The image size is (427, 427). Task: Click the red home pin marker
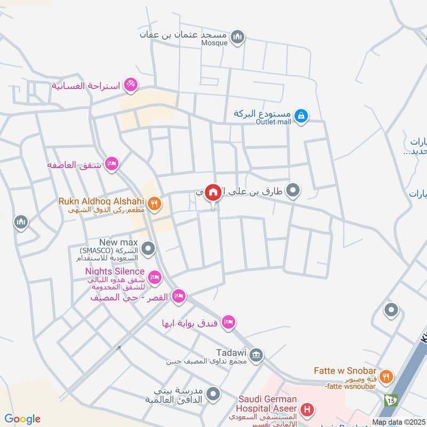(x=213, y=192)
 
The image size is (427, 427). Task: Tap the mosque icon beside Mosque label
(x=238, y=37)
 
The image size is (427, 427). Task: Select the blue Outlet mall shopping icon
(x=301, y=115)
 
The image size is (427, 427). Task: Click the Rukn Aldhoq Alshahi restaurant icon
(x=154, y=203)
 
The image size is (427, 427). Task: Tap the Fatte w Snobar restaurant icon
(x=388, y=377)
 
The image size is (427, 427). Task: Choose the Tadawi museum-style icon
(x=257, y=355)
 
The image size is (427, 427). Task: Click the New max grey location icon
(x=149, y=248)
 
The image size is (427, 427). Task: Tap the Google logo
(x=22, y=419)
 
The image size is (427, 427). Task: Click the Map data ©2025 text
(x=398, y=422)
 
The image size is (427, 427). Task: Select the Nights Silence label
(x=114, y=272)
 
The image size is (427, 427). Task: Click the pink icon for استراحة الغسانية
(x=130, y=85)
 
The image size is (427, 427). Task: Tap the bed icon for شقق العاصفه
(x=112, y=164)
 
